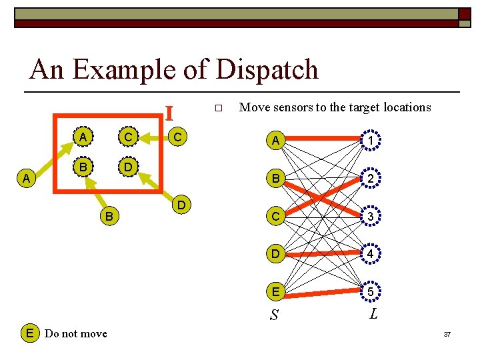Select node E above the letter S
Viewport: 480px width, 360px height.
pos(275,292)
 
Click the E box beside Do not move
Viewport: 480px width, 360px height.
pos(30,332)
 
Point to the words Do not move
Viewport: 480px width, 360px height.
pos(75,333)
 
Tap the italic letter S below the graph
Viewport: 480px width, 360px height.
pos(274,315)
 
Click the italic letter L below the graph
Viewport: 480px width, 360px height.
pos(373,313)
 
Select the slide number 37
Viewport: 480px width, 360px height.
pos(447,333)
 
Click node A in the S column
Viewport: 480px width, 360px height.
pos(275,141)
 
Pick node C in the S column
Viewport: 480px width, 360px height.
pos(275,216)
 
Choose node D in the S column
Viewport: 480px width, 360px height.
pos(275,254)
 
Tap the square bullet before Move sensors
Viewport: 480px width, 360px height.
pos(217,109)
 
